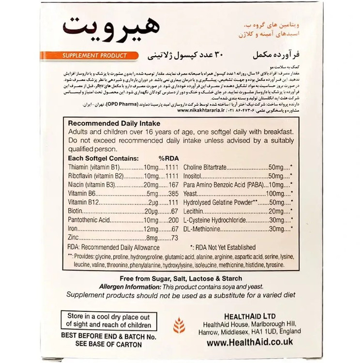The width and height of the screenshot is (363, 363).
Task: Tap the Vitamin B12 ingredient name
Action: point(82,202)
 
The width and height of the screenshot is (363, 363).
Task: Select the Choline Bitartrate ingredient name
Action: point(212,167)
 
